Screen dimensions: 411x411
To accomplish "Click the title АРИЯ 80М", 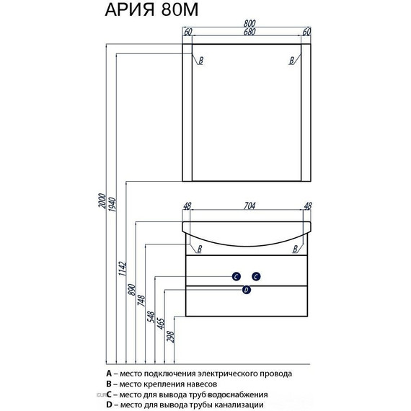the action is [x=151, y=10].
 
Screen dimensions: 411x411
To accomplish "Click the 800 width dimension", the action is [x=249, y=24].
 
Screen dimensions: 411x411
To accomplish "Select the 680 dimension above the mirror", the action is [x=249, y=32].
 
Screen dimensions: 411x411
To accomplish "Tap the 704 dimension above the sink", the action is [x=249, y=206].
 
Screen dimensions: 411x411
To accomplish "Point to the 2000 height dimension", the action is [x=102, y=200].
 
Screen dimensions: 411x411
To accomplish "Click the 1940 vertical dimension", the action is [x=112, y=204].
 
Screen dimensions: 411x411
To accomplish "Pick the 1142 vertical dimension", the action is [x=122, y=268].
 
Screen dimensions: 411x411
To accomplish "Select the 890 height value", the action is [x=131, y=290].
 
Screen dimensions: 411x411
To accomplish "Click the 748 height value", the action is [x=141, y=301].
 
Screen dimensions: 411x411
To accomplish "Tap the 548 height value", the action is [x=151, y=317].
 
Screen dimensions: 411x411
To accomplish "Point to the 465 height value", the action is [x=160, y=324].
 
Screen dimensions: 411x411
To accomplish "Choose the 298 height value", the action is [x=170, y=337].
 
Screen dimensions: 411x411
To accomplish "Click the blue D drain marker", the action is [x=246, y=290].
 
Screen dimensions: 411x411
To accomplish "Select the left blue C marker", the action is [x=237, y=276].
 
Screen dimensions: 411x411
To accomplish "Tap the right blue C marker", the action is [x=256, y=276].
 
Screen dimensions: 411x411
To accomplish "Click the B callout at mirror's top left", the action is [x=200, y=61].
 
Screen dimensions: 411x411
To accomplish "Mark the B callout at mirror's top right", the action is [x=292, y=61].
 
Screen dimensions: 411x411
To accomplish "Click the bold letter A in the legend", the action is [x=109, y=374].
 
